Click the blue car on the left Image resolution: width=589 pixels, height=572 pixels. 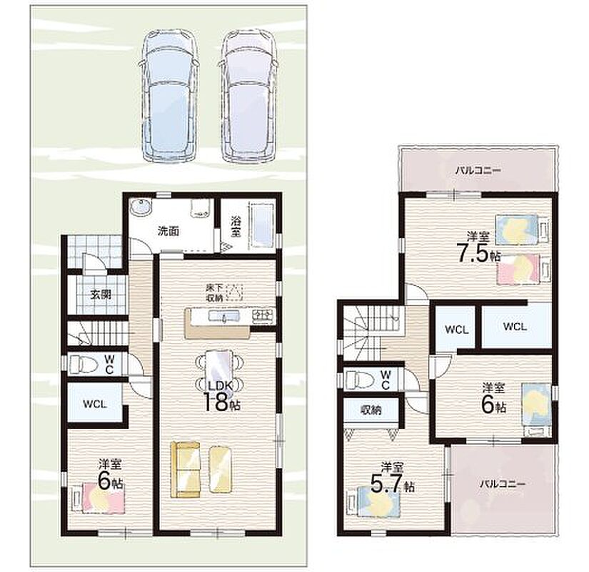point(168,97)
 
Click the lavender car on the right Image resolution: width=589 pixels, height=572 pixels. point(248,97)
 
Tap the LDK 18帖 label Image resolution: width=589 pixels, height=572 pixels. point(221,396)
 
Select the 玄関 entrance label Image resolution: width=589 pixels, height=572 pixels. point(101,295)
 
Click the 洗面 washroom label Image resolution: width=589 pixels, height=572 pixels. point(168,232)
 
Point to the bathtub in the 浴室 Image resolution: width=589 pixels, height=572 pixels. point(261,227)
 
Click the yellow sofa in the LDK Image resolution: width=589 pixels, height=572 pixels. point(186,470)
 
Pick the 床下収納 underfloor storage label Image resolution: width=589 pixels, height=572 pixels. point(214,292)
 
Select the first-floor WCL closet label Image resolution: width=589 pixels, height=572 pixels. point(95,404)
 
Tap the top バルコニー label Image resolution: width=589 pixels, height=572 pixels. point(478,171)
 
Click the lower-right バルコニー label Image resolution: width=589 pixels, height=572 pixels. point(502,484)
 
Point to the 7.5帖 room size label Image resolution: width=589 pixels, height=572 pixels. point(478,255)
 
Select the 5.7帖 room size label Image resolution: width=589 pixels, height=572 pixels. point(393,484)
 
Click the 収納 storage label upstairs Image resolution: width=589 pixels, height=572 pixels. point(371,410)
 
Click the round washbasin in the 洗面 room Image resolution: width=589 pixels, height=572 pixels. point(141,207)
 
